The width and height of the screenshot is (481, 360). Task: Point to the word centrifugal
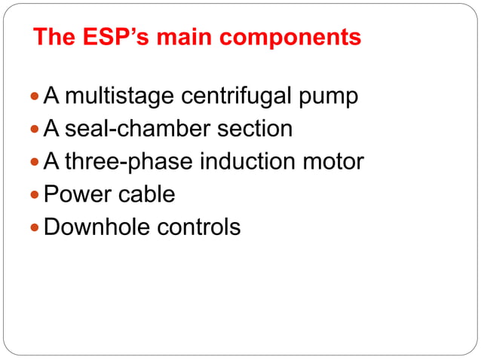click(240, 97)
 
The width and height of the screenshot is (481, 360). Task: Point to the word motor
click(330, 162)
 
